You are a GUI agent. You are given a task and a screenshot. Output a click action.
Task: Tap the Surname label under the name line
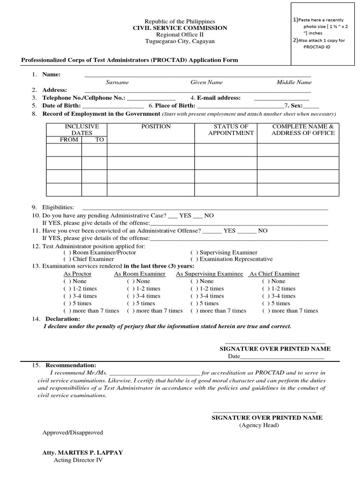(x=117, y=82)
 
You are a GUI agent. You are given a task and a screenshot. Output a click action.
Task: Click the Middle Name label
(x=294, y=82)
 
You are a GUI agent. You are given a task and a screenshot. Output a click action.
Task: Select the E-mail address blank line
(x=281, y=99)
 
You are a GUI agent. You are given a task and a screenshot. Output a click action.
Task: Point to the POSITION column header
(x=156, y=127)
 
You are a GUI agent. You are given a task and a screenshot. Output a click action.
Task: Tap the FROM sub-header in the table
(x=69, y=140)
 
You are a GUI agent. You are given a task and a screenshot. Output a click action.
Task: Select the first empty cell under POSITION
(x=150, y=150)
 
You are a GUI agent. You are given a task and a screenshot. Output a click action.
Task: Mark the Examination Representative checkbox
(x=195, y=259)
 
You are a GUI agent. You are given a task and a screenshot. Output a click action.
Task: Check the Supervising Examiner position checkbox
(x=195, y=253)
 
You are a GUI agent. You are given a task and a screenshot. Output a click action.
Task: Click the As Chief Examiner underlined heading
(x=275, y=274)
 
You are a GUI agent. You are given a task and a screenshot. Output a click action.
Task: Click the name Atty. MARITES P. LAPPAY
(x=82, y=452)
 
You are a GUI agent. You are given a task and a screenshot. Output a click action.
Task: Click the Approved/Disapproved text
(x=73, y=432)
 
